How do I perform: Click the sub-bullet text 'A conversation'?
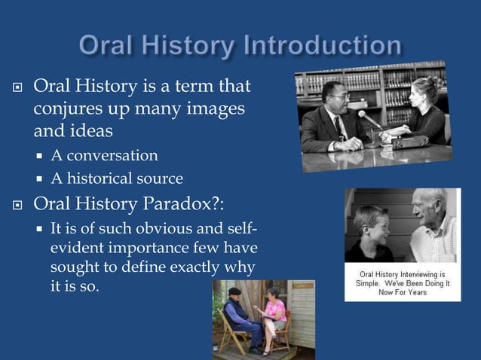[x=104, y=156]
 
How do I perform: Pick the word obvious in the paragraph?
[x=162, y=229]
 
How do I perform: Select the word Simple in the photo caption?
[x=373, y=283]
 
